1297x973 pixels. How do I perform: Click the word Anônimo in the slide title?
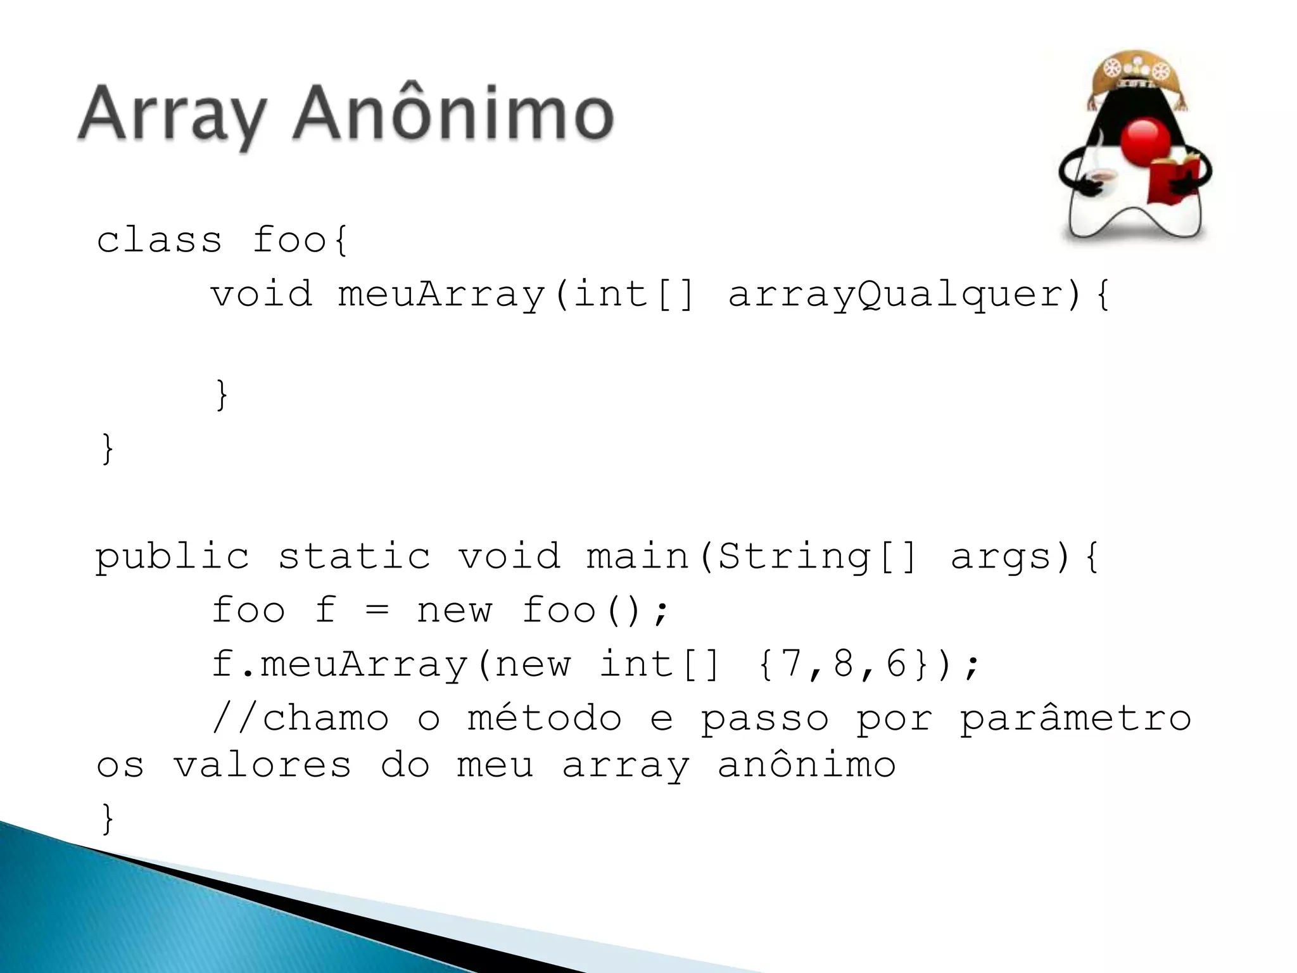point(453,114)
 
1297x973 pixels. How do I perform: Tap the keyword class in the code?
point(160,241)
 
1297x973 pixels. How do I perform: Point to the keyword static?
point(354,556)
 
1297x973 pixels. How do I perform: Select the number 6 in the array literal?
point(896,664)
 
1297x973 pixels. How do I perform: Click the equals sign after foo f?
point(377,611)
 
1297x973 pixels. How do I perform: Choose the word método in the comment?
point(545,718)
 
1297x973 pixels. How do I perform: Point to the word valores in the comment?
point(262,765)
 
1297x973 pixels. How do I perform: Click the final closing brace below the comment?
point(108,818)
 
